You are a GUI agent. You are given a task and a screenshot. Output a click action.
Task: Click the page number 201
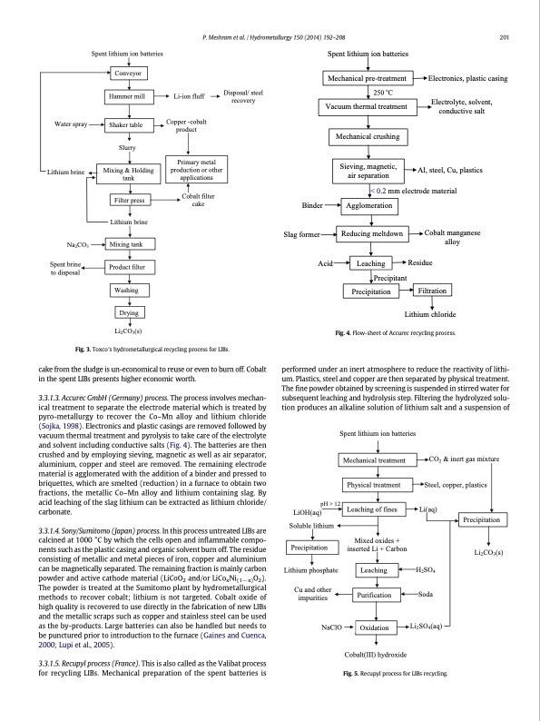(x=506, y=37)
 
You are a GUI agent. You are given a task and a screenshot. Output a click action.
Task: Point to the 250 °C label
(x=382, y=94)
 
